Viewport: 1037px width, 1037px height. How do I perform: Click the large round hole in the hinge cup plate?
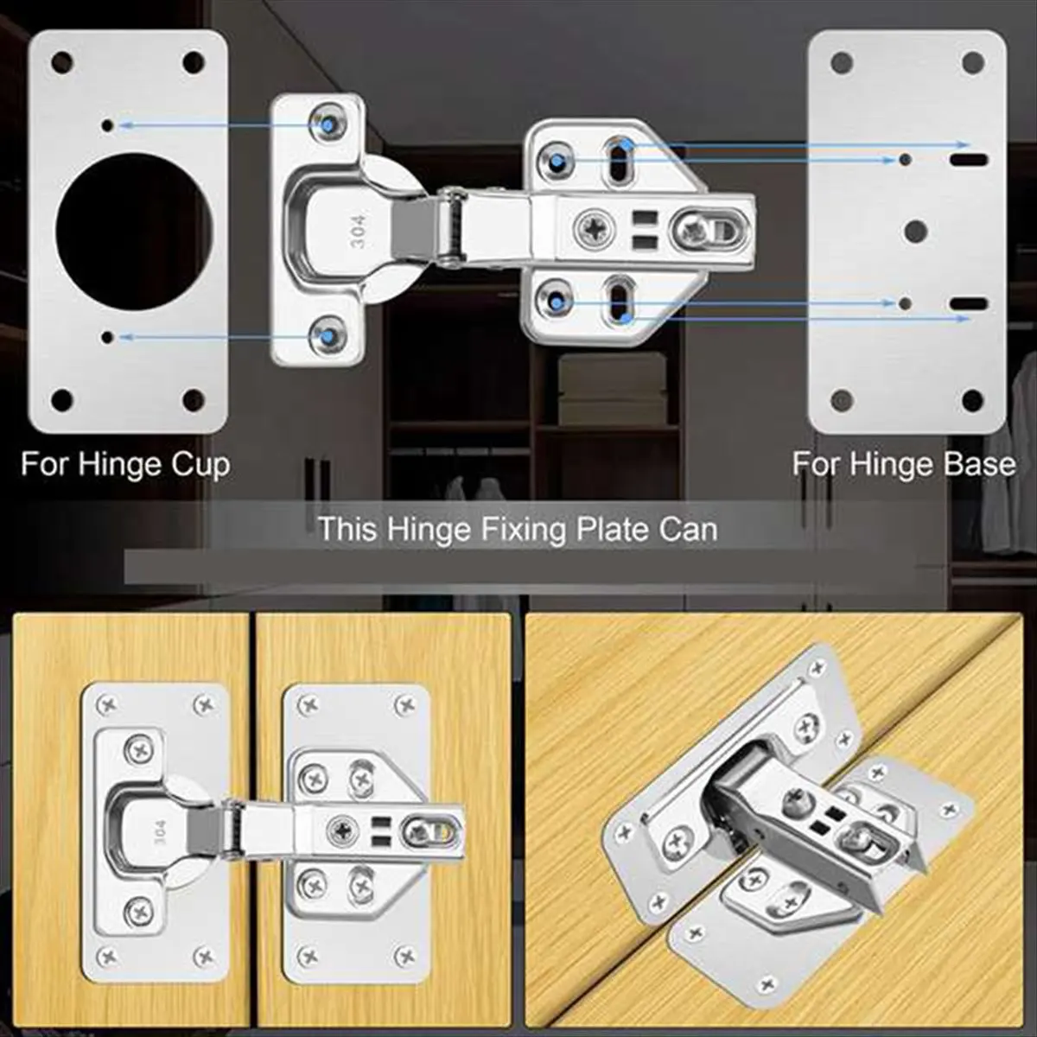[x=134, y=232]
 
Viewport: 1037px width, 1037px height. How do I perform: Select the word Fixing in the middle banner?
[x=522, y=530]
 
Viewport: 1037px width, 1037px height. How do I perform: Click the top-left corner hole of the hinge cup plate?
[x=62, y=62]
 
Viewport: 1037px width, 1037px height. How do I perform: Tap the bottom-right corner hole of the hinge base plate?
[x=972, y=400]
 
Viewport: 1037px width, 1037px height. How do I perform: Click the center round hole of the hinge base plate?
[x=915, y=232]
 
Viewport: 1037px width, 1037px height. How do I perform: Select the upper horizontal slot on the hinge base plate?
[x=969, y=159]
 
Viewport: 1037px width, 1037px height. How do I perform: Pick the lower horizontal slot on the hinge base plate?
[x=969, y=303]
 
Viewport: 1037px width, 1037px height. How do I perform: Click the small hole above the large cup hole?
[x=108, y=125]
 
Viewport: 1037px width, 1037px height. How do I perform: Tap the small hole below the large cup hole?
[x=108, y=337]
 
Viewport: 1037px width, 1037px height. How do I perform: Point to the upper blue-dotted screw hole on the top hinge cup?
[x=328, y=124]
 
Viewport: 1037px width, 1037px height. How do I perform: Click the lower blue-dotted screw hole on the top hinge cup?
[x=328, y=337]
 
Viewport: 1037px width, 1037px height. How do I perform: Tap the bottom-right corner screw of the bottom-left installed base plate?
[x=404, y=956]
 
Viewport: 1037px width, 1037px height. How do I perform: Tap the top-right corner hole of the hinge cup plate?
[x=194, y=62]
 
